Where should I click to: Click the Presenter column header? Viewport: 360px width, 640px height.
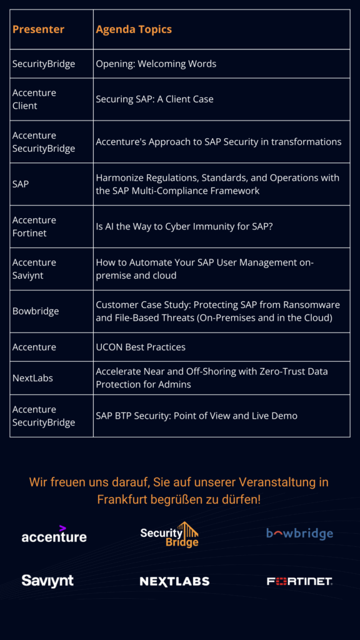(x=38, y=29)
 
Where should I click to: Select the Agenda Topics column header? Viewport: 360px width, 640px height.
(x=134, y=29)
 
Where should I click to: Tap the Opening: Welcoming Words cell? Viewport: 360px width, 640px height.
(x=156, y=64)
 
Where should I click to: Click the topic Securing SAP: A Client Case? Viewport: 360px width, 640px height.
(x=154, y=99)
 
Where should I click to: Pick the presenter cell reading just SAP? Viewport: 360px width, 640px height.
(x=21, y=184)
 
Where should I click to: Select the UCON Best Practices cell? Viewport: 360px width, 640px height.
(x=141, y=347)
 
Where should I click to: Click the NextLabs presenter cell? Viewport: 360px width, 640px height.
(x=32, y=378)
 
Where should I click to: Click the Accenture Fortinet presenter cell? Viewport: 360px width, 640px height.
(x=34, y=227)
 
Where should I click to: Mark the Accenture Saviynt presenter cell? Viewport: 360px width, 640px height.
(x=34, y=269)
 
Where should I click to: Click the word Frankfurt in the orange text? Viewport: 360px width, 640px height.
(x=122, y=499)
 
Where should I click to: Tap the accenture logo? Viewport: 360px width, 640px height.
(x=54, y=536)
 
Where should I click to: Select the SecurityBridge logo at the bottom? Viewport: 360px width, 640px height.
(x=169, y=534)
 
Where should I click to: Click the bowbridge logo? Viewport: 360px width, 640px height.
(x=299, y=534)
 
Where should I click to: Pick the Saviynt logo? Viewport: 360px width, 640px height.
(x=47, y=581)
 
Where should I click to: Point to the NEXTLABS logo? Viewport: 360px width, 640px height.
(x=174, y=581)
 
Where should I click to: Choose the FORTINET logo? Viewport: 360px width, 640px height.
(x=299, y=581)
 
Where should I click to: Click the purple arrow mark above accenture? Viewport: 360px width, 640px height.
(x=62, y=528)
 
